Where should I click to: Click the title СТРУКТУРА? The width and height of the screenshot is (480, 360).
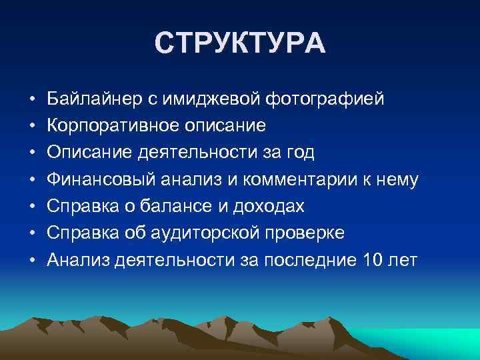[x=240, y=43]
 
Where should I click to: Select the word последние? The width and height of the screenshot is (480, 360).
[x=309, y=259]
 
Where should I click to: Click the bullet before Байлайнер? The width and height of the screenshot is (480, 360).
[x=32, y=100]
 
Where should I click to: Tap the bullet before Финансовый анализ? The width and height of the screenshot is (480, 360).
[x=32, y=180]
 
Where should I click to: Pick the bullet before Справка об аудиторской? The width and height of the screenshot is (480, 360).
[x=32, y=233]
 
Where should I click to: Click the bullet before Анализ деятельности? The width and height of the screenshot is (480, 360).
[x=32, y=260]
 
